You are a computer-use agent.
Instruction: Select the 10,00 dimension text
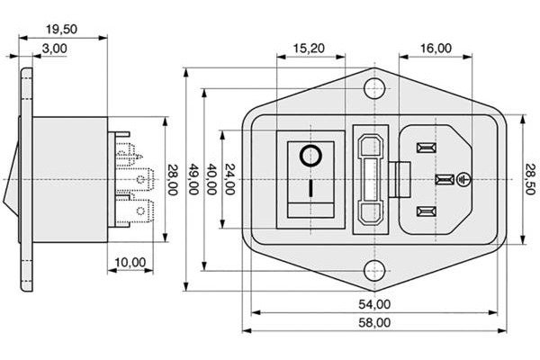pos(130,262)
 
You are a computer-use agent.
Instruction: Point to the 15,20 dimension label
pos(309,48)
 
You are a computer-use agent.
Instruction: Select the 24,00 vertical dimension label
pos(230,180)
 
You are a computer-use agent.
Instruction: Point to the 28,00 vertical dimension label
pos(172,180)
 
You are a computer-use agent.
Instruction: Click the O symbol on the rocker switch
pos(310,157)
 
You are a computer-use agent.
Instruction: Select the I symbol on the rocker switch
pos(310,190)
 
